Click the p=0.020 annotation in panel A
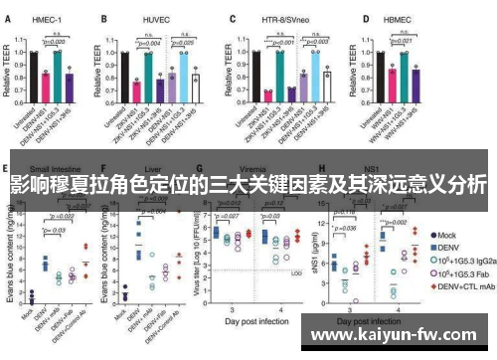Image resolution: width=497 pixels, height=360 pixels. (x=52, y=42)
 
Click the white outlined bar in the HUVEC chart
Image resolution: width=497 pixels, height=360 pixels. (x=197, y=87)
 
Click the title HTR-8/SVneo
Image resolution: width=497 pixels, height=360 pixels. (x=282, y=18)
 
